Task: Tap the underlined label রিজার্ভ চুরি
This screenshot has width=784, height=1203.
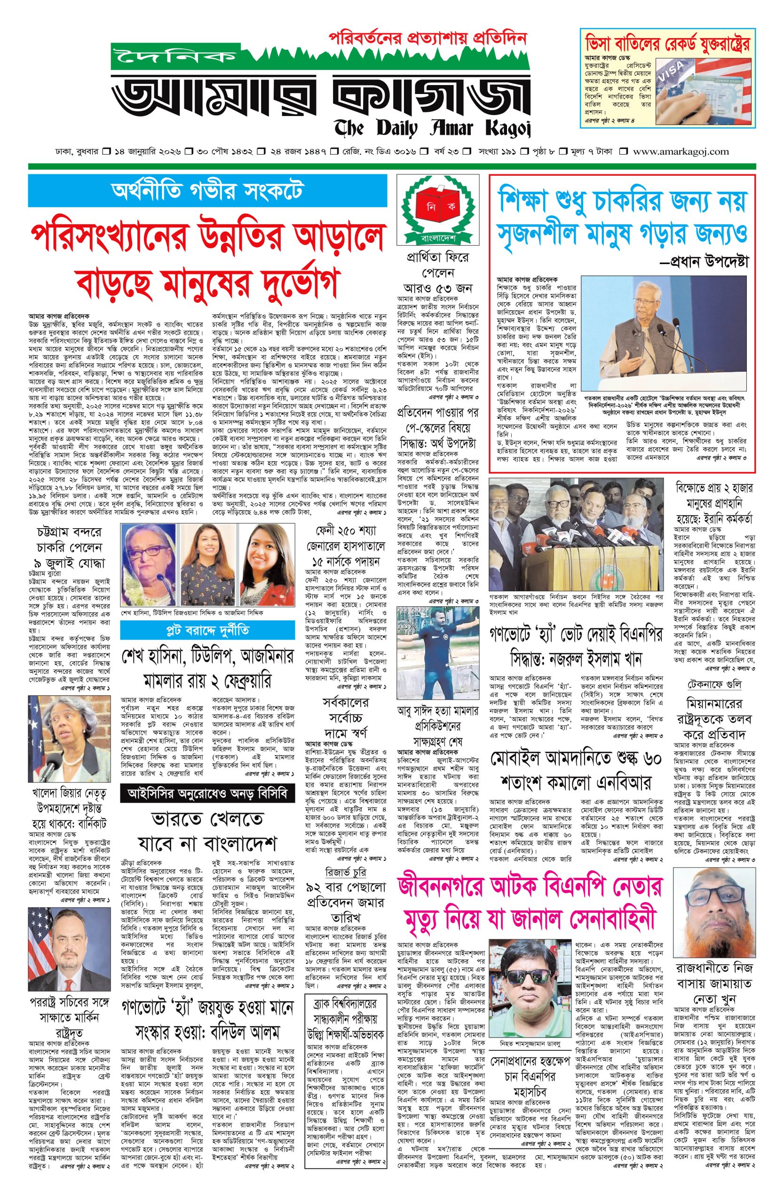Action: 346,872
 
